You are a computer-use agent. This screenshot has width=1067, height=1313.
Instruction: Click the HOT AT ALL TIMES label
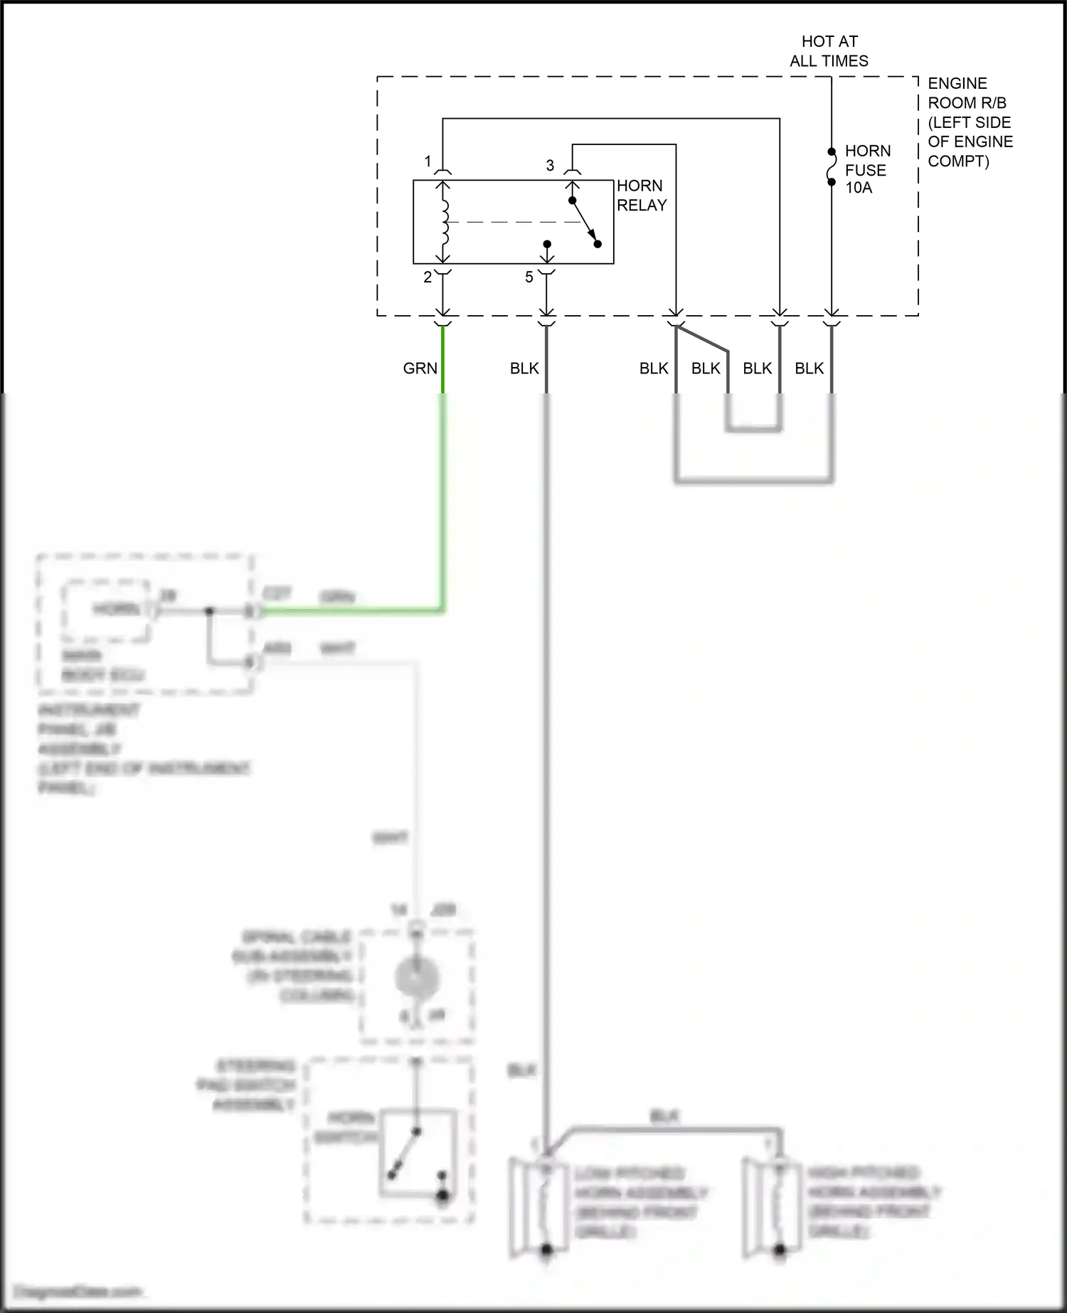829,51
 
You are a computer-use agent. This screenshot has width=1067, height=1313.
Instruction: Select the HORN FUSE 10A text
867,169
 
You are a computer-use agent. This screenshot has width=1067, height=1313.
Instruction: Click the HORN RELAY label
642,196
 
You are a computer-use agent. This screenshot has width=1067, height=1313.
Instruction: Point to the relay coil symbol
445,221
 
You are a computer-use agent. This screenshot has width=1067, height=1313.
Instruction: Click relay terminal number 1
428,161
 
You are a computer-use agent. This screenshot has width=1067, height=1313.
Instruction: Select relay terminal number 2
428,278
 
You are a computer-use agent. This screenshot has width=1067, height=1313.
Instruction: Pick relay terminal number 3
550,166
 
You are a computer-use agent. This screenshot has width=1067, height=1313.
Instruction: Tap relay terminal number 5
529,277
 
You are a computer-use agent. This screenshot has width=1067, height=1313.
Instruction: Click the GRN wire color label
420,368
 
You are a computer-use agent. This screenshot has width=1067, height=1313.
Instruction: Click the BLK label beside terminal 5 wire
524,368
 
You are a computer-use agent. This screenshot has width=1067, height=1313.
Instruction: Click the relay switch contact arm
585,222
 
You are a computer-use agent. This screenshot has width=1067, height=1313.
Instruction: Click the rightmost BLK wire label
809,368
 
